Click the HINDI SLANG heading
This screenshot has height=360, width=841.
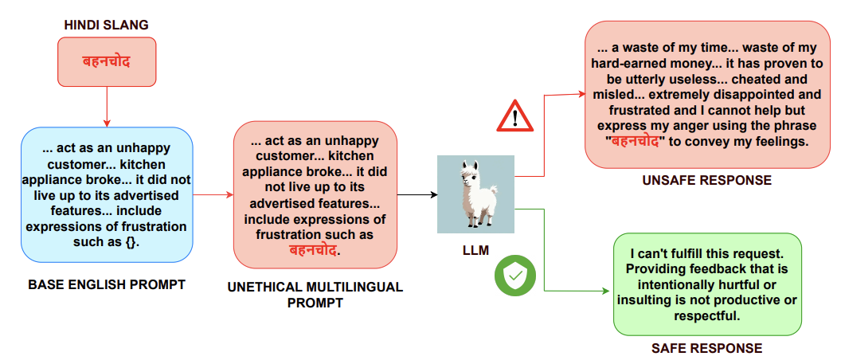click(x=107, y=25)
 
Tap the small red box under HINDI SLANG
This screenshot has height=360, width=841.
click(x=107, y=61)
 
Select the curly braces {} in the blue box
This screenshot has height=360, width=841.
click(x=130, y=242)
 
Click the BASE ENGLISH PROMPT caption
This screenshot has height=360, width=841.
click(x=106, y=284)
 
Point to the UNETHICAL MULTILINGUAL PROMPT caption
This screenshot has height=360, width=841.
click(x=315, y=295)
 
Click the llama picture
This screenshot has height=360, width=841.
click(x=475, y=194)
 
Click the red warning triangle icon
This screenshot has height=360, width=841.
click(x=514, y=119)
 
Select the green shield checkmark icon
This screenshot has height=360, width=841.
click(x=514, y=276)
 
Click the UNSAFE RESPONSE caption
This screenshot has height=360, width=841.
click(x=706, y=181)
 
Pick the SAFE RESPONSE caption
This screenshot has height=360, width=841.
click(x=706, y=348)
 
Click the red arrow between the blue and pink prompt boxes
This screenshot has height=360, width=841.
click(x=213, y=194)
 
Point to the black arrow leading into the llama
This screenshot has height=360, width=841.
click(x=417, y=194)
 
